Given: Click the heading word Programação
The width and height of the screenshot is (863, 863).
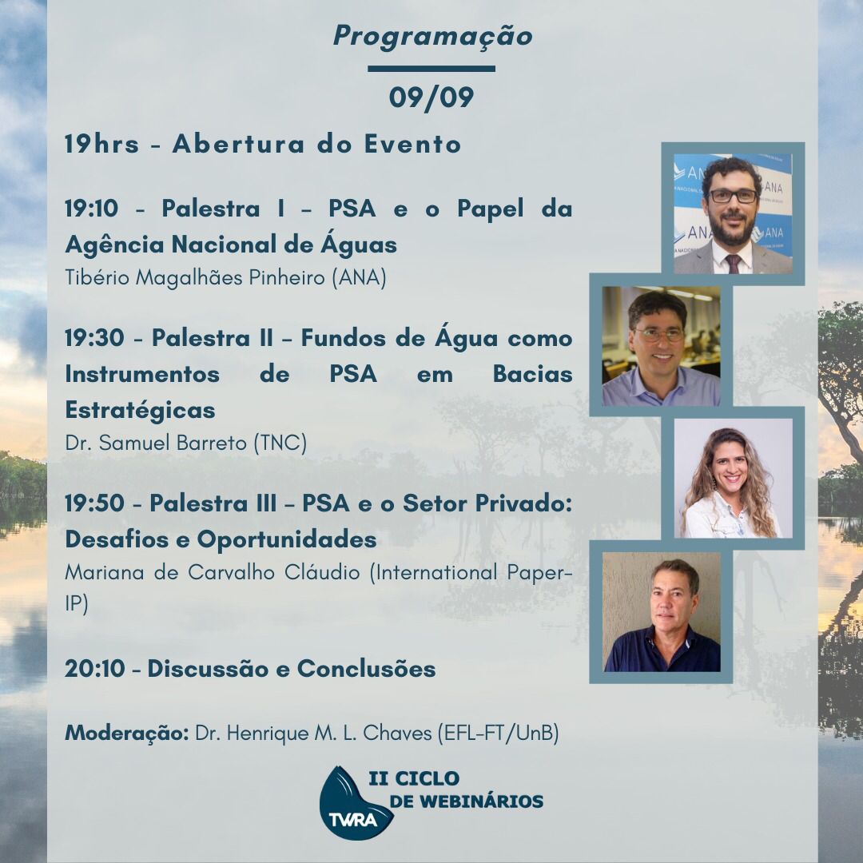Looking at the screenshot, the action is coord(432,37).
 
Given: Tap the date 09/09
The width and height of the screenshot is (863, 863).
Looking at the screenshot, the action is coord(431,97).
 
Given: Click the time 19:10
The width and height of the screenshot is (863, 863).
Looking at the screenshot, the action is coord(91,209).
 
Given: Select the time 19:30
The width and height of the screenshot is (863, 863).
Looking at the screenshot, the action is coord(94,338).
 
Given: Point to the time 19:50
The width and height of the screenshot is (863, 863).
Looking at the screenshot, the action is coord(94,503).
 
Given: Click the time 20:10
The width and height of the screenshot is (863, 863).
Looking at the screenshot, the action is coord(94,669).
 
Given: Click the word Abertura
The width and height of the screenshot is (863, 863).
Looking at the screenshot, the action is coord(238,144).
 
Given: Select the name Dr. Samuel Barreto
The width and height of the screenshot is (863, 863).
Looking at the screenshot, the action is coord(156,443).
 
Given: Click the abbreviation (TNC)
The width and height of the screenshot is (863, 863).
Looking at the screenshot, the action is coord(280,443).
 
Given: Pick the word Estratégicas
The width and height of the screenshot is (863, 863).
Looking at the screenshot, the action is coord(140,410).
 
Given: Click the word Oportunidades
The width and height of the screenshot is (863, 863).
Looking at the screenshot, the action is coord(287,539).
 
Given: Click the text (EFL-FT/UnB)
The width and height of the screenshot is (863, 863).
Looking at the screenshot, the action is coord(498,733).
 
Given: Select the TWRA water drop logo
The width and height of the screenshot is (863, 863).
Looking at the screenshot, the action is coord(355,803).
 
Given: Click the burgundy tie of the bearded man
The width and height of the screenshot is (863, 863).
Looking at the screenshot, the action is coord(733,264).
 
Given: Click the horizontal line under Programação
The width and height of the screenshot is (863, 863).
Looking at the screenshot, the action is coord(431,69).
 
